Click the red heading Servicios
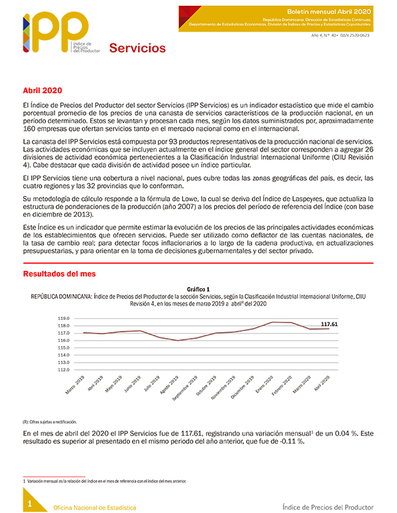tap(137, 48)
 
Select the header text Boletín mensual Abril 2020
tap(331, 12)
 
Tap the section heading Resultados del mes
tap(59, 274)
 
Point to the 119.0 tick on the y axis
tap(63, 319)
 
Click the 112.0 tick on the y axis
tap(63, 370)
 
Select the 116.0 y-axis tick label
tap(63, 341)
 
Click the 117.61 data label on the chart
tap(331, 323)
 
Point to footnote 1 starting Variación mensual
tap(104, 481)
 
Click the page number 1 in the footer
tap(29, 502)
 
